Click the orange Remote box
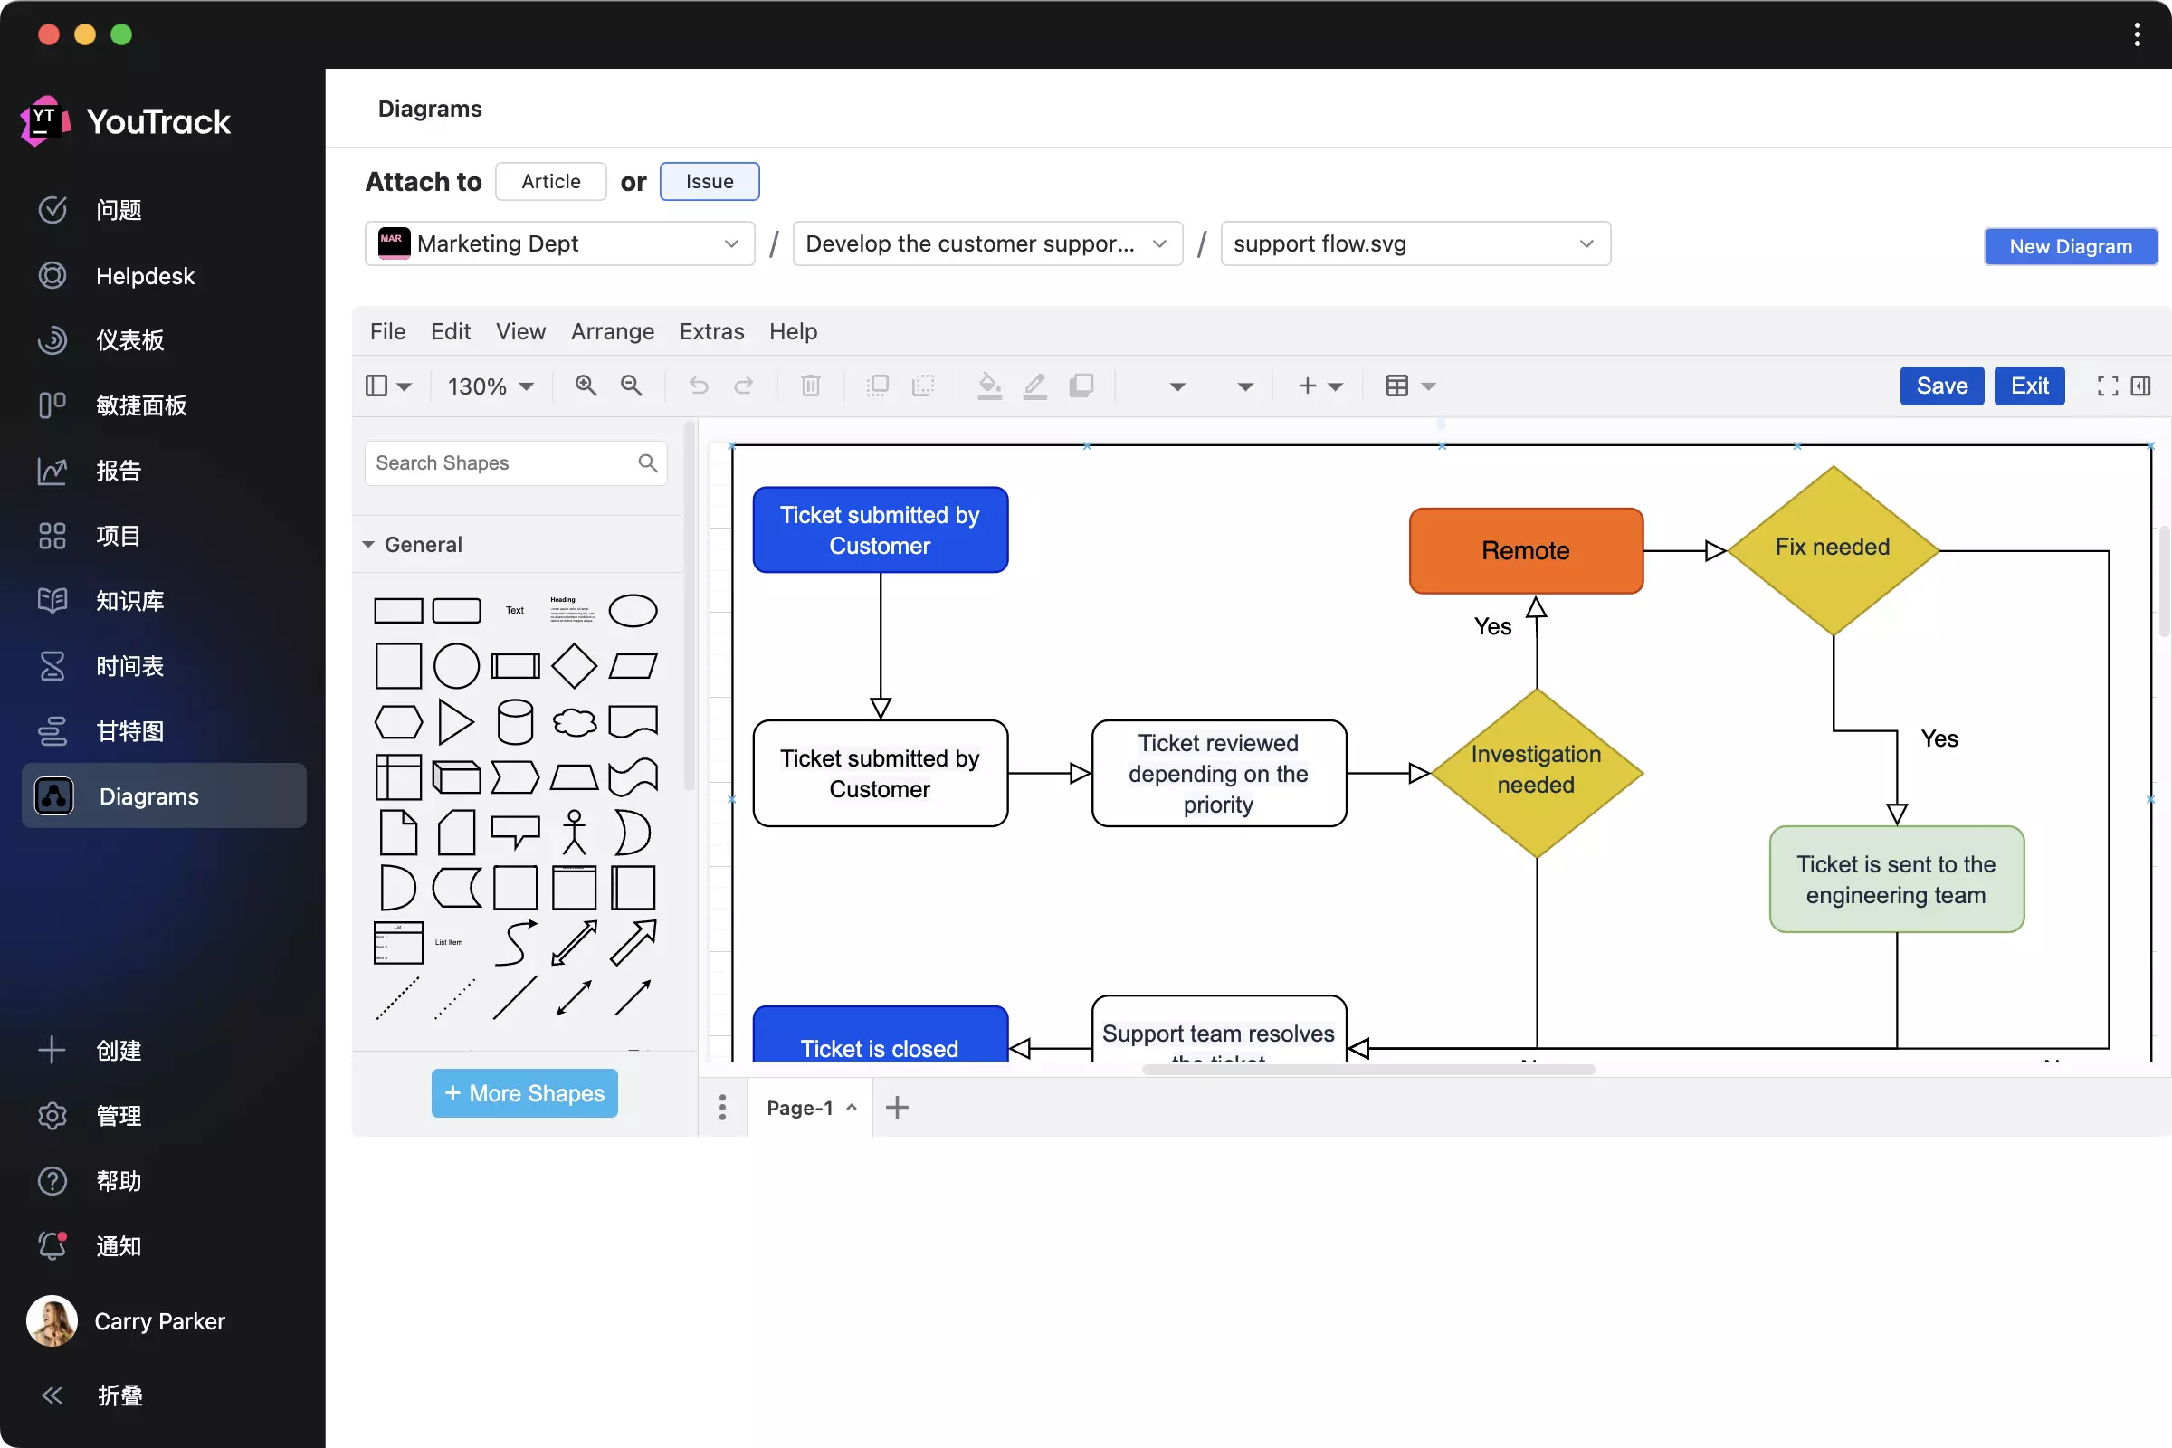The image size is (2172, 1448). coord(1526,550)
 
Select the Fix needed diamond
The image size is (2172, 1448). coord(1832,548)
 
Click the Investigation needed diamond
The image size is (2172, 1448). coord(1536,770)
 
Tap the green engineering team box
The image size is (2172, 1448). coord(1896,879)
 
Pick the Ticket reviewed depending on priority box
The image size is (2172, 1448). coord(1218,774)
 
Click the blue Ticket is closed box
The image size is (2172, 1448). coord(879,1040)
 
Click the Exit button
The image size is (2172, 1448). coord(2029,386)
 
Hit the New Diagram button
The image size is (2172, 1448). coord(2070,246)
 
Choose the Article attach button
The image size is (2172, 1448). coord(550,182)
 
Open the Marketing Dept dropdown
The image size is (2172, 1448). coord(559,243)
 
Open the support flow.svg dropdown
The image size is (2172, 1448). coord(1415,243)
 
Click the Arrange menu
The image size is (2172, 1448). coord(613,331)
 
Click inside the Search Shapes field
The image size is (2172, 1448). coord(503,463)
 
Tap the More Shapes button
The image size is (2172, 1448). coord(525,1093)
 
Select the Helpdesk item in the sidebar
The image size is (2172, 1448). coord(145,276)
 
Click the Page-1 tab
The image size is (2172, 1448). coord(800,1107)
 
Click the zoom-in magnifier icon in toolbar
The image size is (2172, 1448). coord(586,386)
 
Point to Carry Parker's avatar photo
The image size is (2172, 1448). coord(52,1320)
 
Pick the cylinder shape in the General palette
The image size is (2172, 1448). coord(514,721)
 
